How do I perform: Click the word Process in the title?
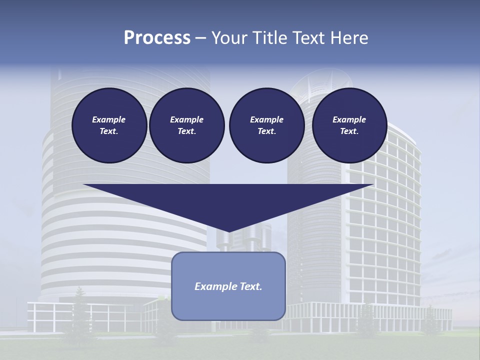[157, 38]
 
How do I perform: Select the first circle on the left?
[109, 125]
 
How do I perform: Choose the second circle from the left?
[186, 125]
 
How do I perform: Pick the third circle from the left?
[266, 125]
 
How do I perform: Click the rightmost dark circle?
[349, 125]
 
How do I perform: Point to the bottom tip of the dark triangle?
[228, 231]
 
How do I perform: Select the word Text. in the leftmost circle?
[109, 131]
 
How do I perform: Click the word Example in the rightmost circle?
[349, 119]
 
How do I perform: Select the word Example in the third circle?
[266, 119]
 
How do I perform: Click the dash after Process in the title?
[200, 38]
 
